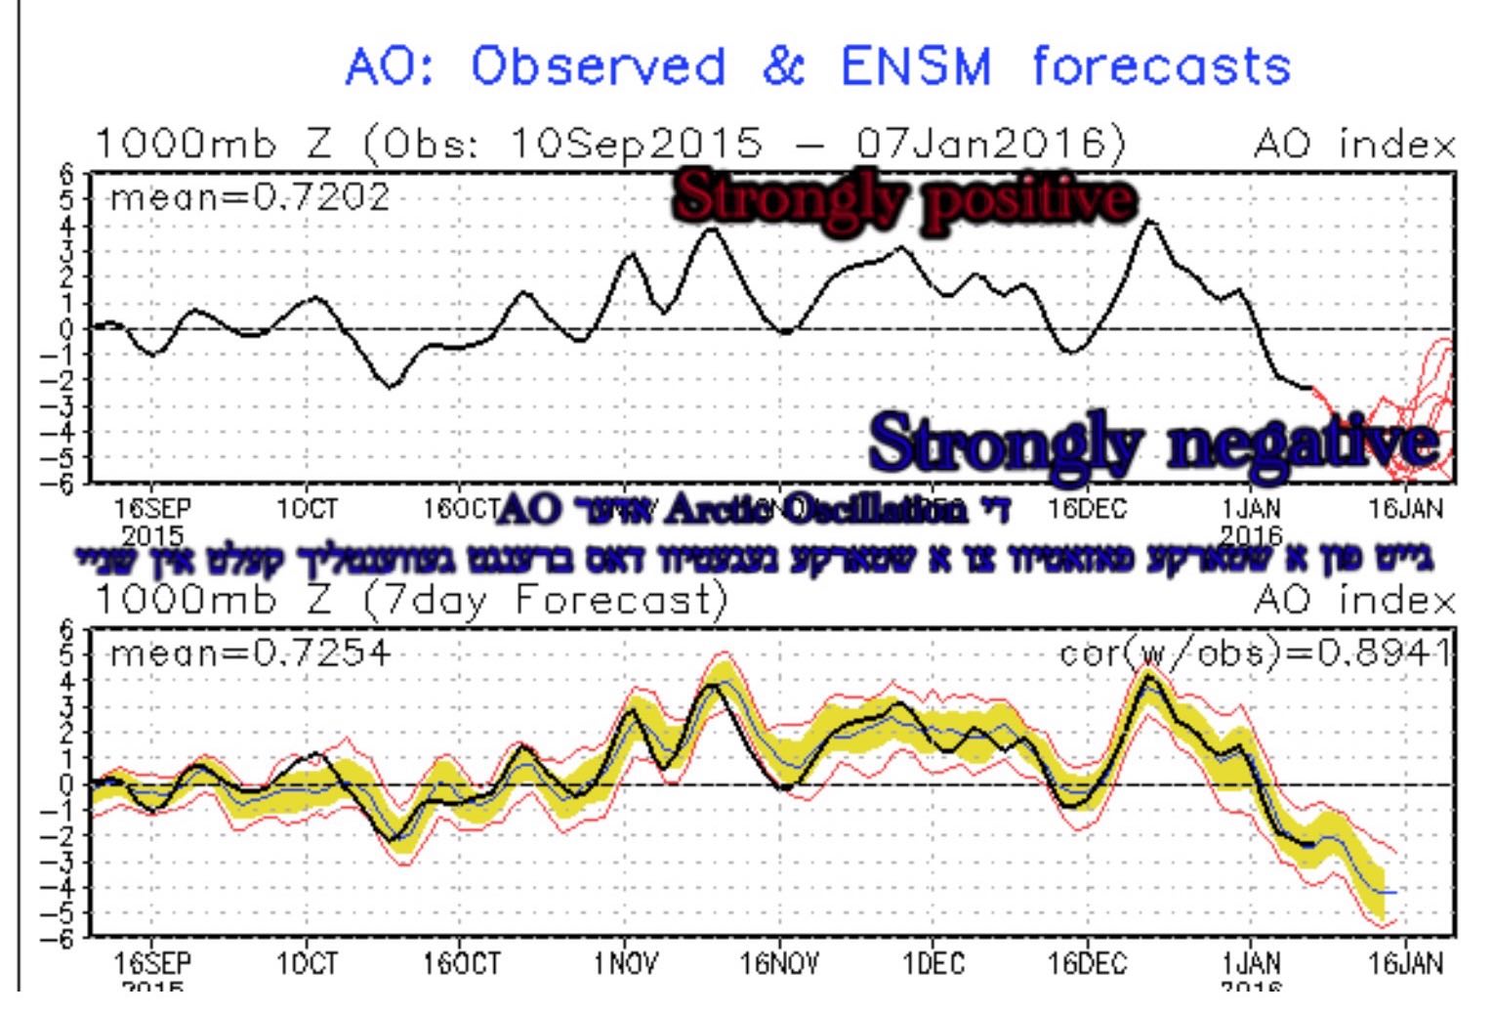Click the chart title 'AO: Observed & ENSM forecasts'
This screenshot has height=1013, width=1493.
coord(818,67)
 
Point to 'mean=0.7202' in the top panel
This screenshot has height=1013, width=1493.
coord(250,198)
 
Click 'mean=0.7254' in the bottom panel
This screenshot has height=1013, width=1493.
coord(250,652)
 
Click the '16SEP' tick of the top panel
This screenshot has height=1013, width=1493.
coord(153,509)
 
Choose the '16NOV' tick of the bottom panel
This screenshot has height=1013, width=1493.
coord(779,964)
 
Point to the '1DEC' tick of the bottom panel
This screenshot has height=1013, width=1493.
coord(933,964)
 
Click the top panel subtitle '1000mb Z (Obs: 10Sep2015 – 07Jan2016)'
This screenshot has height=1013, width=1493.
coord(609,146)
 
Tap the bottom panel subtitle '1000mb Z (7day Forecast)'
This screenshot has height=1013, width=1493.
coord(410,600)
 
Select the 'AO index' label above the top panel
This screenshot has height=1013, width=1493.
coord(1354,146)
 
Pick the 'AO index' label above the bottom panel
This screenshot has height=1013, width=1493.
coord(1354,600)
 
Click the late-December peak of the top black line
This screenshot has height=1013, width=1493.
coord(1150,222)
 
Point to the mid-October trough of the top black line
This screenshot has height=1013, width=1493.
coord(391,387)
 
